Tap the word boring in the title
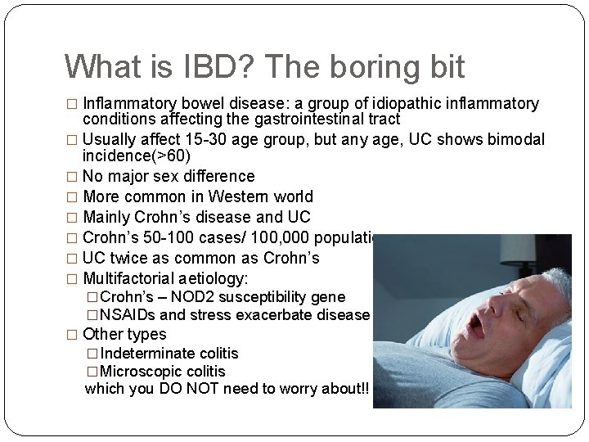[x=363, y=66]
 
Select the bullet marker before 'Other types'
[x=71, y=334]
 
